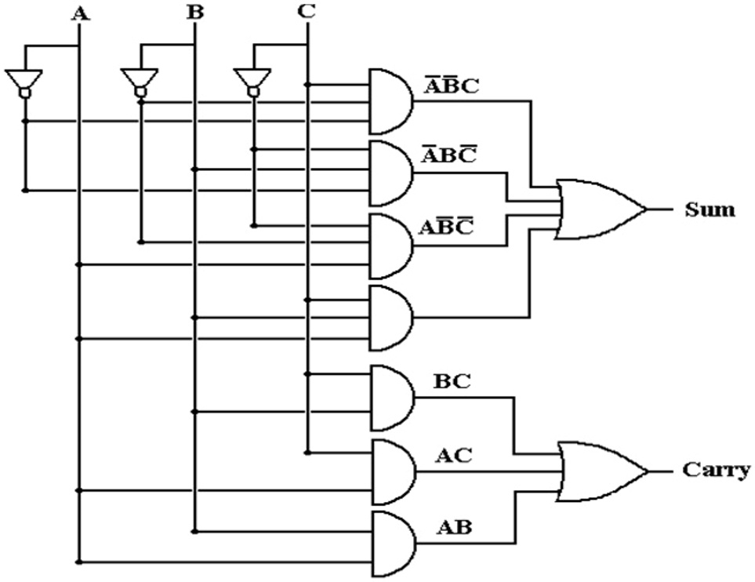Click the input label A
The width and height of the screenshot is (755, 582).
[78, 13]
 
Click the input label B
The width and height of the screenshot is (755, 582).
[194, 13]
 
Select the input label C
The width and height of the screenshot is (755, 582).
[307, 13]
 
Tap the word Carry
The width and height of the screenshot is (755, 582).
[716, 471]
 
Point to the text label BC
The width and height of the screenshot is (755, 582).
[452, 382]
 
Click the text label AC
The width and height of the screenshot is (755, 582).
[453, 455]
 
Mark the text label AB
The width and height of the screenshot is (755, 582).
[453, 527]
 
